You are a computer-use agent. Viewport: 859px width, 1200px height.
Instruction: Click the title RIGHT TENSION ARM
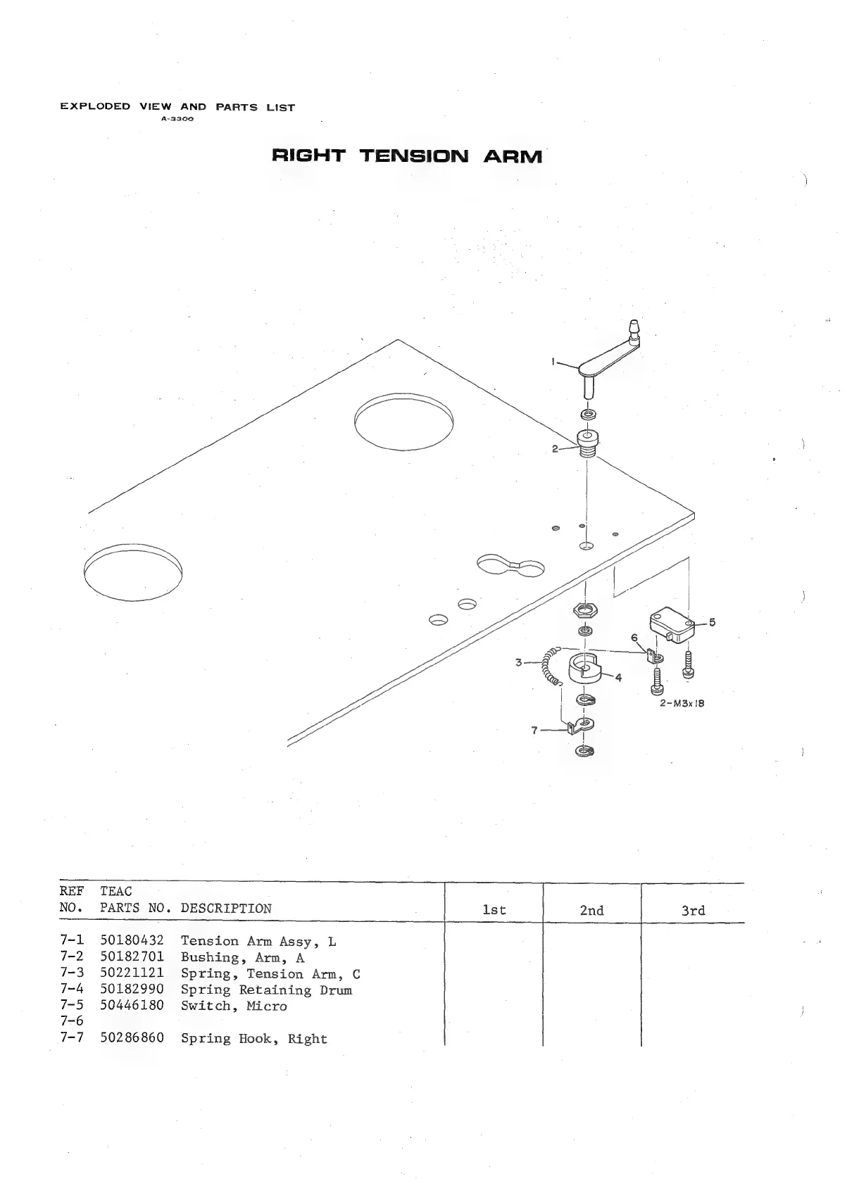click(x=407, y=156)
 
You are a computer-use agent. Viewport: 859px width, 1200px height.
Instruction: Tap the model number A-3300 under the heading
click(x=177, y=119)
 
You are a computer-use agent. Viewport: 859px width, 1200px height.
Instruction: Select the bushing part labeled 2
click(x=587, y=443)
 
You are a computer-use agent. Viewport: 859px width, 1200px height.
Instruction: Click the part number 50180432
click(x=132, y=941)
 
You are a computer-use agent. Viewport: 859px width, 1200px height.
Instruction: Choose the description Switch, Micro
click(x=234, y=1006)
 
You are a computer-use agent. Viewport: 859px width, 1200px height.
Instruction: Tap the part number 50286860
click(x=132, y=1039)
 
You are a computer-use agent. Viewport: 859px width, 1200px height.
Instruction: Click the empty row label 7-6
click(x=72, y=1022)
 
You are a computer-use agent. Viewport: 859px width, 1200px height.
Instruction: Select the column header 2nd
click(x=591, y=911)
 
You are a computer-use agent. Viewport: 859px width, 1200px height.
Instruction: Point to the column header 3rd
click(x=693, y=911)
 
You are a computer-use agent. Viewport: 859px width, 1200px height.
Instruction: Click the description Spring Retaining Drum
click(x=266, y=990)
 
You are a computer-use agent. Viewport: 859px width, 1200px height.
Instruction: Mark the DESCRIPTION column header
click(x=225, y=909)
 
